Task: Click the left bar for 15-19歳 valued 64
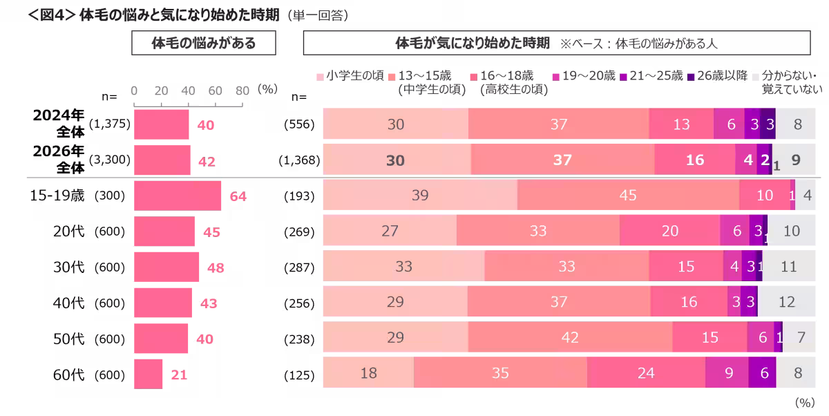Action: pos(178,196)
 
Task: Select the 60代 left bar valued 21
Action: pos(148,374)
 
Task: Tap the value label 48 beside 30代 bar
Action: pos(216,267)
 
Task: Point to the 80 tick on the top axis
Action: pos(242,91)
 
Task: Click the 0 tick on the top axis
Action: pos(134,91)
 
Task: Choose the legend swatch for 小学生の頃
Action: pos(320,77)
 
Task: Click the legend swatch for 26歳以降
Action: pos(691,77)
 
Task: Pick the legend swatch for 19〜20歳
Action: pos(556,77)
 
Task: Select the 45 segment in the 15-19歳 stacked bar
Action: pos(629,195)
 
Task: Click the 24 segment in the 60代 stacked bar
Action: pos(646,372)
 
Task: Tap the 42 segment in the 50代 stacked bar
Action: pos(571,337)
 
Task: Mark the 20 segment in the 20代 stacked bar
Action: pos(670,231)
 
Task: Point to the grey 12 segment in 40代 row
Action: pos(786,302)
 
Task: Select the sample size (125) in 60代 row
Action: pos(299,375)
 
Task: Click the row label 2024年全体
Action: pos(59,123)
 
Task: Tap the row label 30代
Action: pos(69,267)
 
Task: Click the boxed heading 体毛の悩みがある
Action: pos(204,43)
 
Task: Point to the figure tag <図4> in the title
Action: pos(52,15)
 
